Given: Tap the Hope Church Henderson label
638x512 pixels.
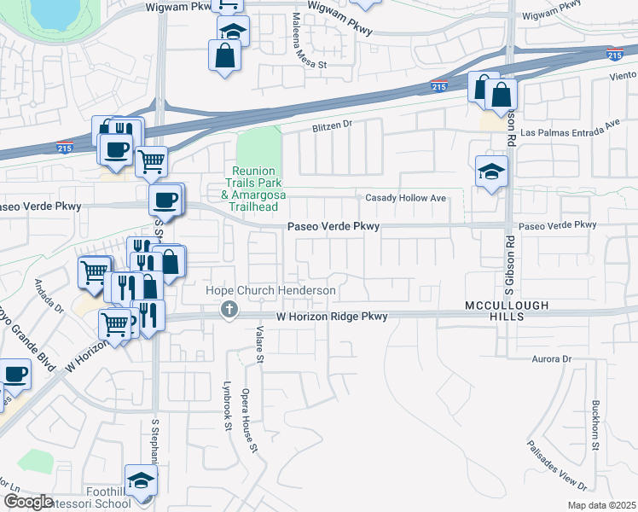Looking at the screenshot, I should pyautogui.click(x=271, y=291).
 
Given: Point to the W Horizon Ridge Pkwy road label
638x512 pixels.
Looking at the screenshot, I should pyautogui.click(x=332, y=317).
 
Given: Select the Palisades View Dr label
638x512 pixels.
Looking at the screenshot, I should pyautogui.click(x=556, y=465).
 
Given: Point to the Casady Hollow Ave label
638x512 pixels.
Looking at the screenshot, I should pyautogui.click(x=406, y=198).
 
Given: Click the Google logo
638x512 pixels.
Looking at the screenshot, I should pyautogui.click(x=28, y=502).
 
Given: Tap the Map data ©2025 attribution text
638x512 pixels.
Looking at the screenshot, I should pyautogui.click(x=601, y=505).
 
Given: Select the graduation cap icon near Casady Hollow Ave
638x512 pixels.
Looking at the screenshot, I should pyautogui.click(x=492, y=172).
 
